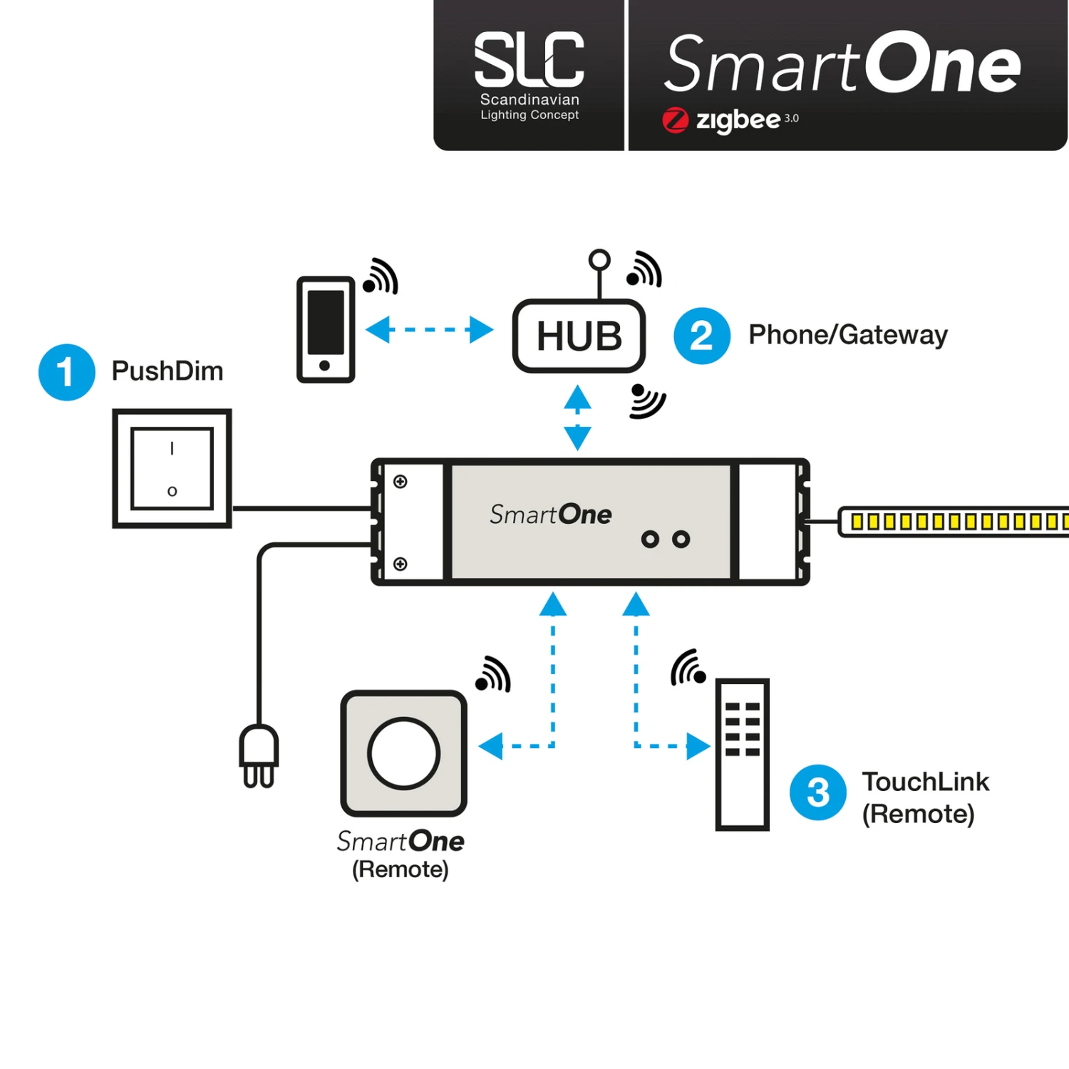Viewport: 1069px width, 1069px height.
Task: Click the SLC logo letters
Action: (x=529, y=60)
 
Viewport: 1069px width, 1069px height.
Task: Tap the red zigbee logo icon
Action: (x=675, y=120)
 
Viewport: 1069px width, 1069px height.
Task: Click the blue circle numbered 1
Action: (x=66, y=372)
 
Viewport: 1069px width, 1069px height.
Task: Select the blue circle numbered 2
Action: (x=701, y=336)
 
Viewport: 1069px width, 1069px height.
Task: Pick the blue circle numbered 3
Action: (x=817, y=792)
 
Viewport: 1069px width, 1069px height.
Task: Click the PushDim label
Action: (x=167, y=371)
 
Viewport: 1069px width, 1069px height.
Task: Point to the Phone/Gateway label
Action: (x=847, y=335)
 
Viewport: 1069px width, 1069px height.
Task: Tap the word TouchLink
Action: (x=925, y=782)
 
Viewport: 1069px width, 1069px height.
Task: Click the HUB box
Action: (x=579, y=336)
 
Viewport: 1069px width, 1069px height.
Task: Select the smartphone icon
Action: (x=326, y=329)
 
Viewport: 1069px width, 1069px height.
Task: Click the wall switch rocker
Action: (x=172, y=468)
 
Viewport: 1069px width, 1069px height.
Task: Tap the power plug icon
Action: (x=259, y=756)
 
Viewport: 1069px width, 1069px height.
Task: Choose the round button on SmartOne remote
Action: (x=403, y=753)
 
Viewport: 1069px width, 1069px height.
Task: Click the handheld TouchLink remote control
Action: (x=742, y=754)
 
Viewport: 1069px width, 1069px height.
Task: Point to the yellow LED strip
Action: (x=955, y=522)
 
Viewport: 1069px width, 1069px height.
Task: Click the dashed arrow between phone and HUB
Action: (x=429, y=330)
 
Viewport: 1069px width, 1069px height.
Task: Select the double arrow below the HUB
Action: (x=577, y=418)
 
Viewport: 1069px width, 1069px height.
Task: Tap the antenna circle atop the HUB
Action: (x=599, y=259)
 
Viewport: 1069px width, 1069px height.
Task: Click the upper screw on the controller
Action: (x=401, y=482)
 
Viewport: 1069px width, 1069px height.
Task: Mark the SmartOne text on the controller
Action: (x=550, y=515)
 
